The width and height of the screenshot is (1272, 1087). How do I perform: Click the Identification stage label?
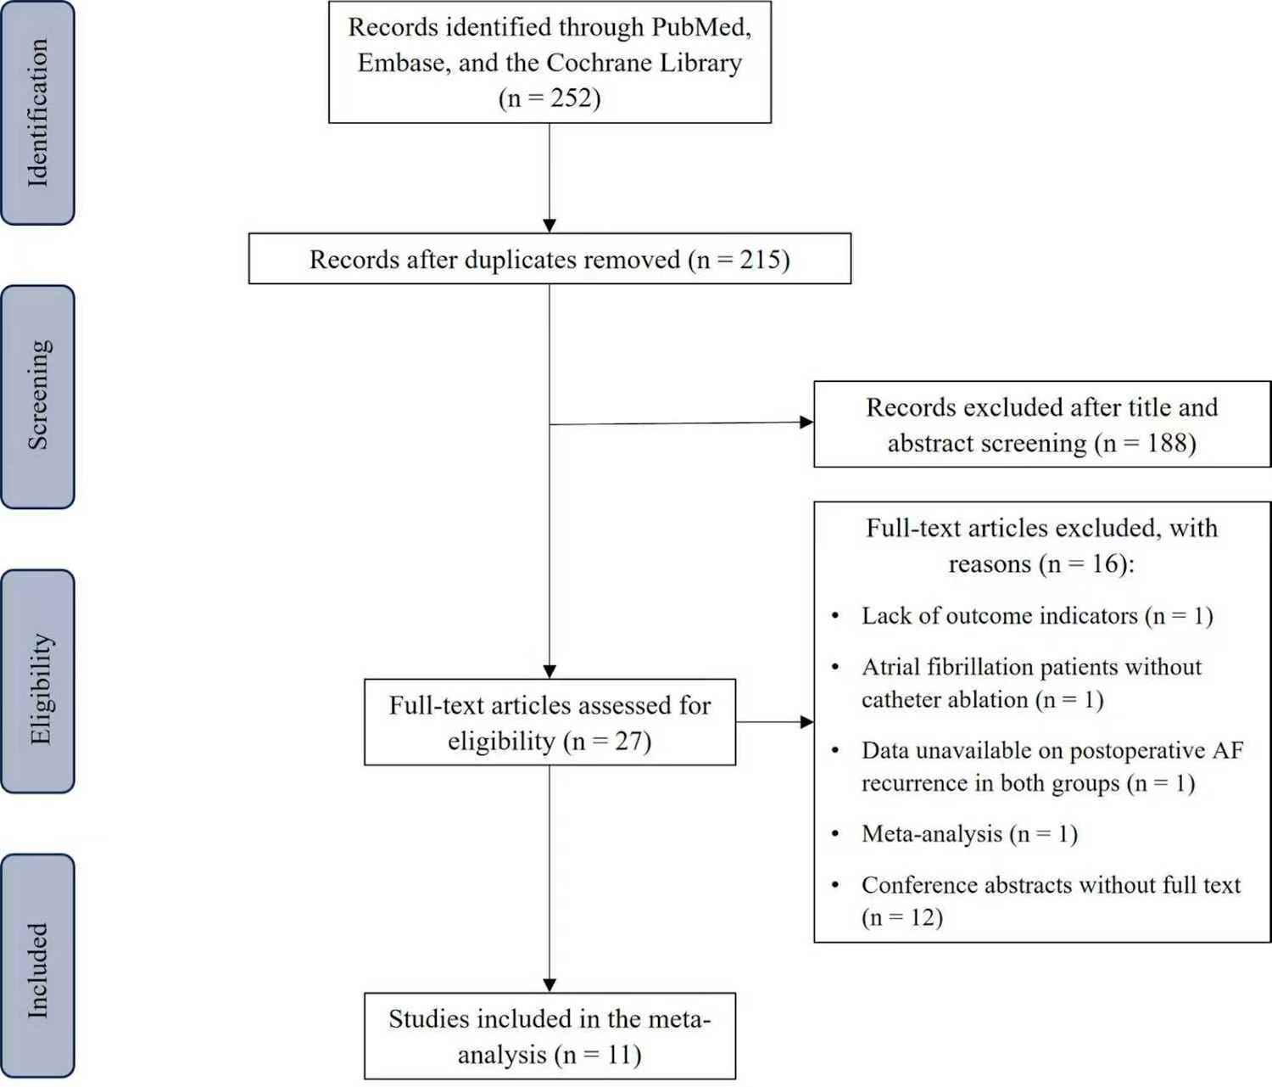tap(38, 113)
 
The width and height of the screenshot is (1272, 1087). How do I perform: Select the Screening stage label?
tap(38, 395)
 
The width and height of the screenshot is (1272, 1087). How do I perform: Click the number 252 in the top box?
tap(572, 98)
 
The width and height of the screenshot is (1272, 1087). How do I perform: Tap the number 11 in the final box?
tap(621, 1055)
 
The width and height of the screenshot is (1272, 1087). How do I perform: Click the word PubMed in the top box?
tap(700, 27)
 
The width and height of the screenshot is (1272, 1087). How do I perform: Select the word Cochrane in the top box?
tap(600, 63)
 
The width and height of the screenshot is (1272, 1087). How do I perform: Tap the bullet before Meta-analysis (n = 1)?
tap(835, 834)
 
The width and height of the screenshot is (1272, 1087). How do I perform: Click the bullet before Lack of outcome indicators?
tap(835, 616)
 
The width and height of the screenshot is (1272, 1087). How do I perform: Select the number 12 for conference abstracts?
tap(923, 917)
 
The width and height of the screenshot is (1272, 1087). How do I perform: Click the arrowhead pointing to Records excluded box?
tap(806, 422)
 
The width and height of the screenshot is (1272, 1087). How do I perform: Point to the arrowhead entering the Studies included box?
tap(550, 984)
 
